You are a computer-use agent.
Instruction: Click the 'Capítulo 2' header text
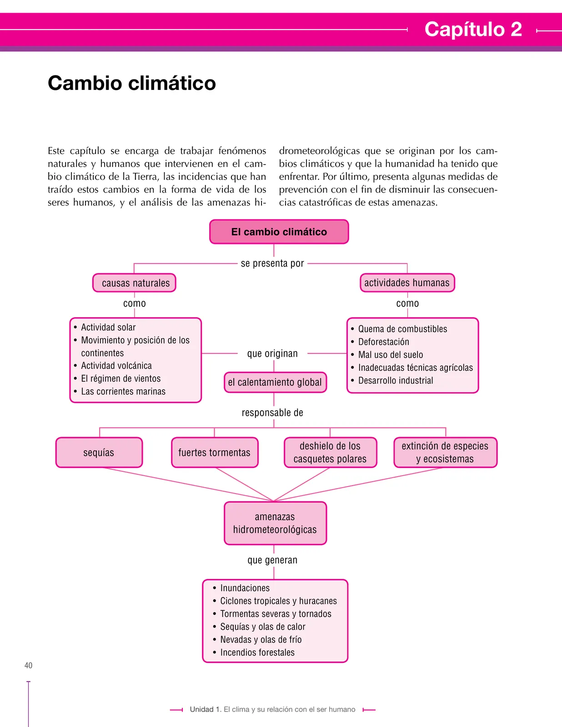coord(473,29)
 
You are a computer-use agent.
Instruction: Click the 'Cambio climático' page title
coord(132,83)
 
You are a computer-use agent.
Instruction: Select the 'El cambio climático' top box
coord(279,232)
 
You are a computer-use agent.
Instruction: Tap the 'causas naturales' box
coord(134,283)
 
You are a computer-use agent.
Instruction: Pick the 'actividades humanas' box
coord(407,283)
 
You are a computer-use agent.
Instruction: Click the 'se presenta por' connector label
coord(272,263)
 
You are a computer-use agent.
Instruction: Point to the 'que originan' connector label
coord(272,354)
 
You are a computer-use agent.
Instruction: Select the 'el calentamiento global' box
coord(275,382)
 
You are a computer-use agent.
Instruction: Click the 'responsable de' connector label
coord(272,413)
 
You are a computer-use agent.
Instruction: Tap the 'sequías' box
coord(99,452)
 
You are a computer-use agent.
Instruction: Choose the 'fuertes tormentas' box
coord(215,452)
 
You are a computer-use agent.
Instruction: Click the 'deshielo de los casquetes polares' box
coord(331,452)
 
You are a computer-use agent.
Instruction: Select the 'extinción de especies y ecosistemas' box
coord(446,452)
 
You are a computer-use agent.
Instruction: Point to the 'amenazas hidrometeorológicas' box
coord(275,523)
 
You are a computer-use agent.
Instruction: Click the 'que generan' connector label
coord(272,560)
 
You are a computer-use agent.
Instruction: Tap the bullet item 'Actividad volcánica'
coord(116,366)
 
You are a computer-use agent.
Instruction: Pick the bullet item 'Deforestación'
coord(384,342)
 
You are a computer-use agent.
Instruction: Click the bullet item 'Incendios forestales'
coord(257,652)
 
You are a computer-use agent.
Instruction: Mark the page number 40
coord(29,665)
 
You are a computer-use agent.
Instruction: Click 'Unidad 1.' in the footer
coord(206,709)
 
